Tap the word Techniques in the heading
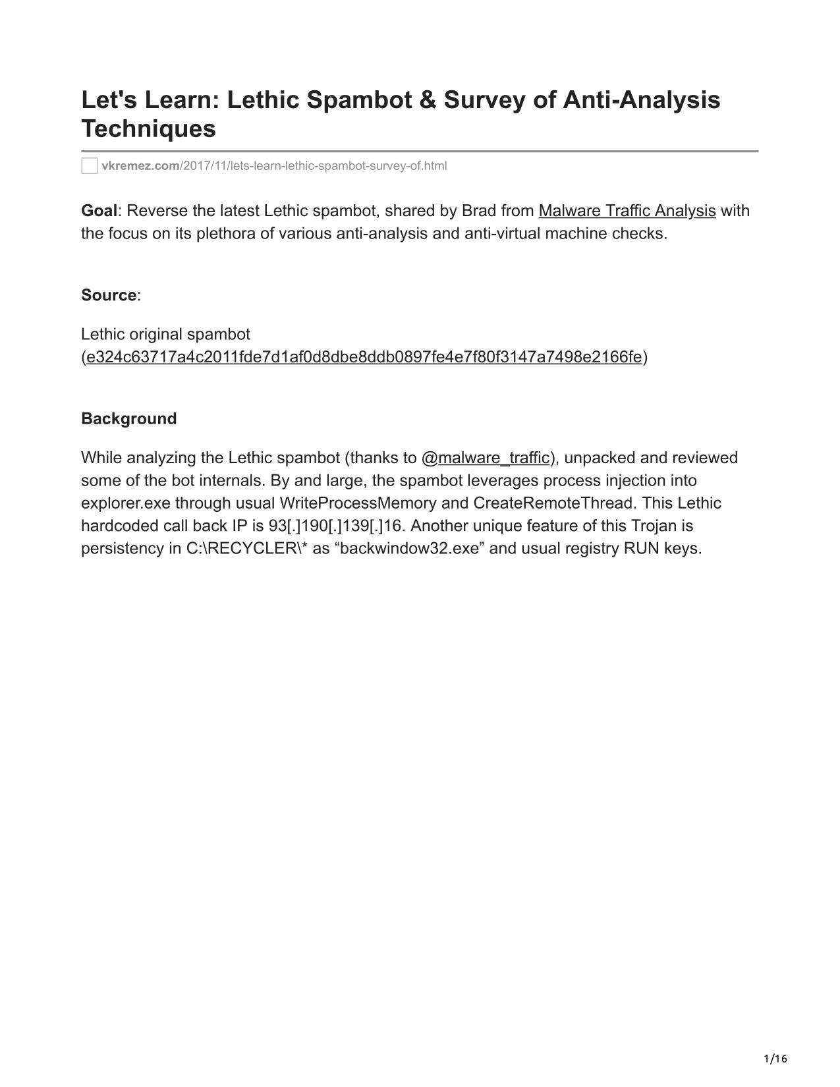pos(148,128)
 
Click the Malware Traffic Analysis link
pos(627,211)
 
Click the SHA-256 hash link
pos(364,357)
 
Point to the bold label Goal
pos(99,211)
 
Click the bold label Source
pos(109,295)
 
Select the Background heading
pos(129,419)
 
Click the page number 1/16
pos(775,1059)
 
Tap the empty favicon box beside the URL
pos(90,166)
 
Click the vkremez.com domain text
pos(140,166)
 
